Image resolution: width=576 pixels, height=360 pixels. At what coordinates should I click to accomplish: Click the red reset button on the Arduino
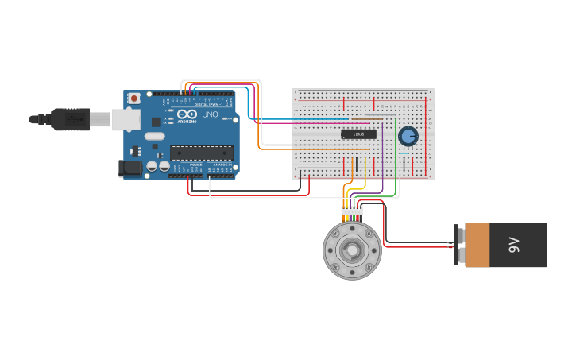point(134,99)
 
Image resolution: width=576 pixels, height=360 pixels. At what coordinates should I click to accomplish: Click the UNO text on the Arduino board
point(210,114)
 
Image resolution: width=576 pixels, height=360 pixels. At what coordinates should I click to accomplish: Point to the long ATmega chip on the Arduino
point(202,153)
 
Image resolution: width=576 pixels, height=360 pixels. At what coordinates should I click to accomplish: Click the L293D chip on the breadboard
point(358,134)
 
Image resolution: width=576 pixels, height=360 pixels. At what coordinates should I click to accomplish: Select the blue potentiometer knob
point(408,136)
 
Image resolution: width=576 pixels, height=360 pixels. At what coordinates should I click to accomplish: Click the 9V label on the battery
point(513,245)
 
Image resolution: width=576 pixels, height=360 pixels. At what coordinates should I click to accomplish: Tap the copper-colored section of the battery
point(477,245)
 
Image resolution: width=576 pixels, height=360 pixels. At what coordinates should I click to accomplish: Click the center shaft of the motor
point(352,250)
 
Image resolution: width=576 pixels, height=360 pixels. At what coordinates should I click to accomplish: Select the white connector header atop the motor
point(352,211)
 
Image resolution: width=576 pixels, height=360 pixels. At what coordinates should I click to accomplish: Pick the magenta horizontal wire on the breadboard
point(318,123)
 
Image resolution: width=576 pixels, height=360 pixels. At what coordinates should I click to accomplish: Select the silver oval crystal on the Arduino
point(155,136)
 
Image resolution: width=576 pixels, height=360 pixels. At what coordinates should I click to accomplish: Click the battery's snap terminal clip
point(458,245)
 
